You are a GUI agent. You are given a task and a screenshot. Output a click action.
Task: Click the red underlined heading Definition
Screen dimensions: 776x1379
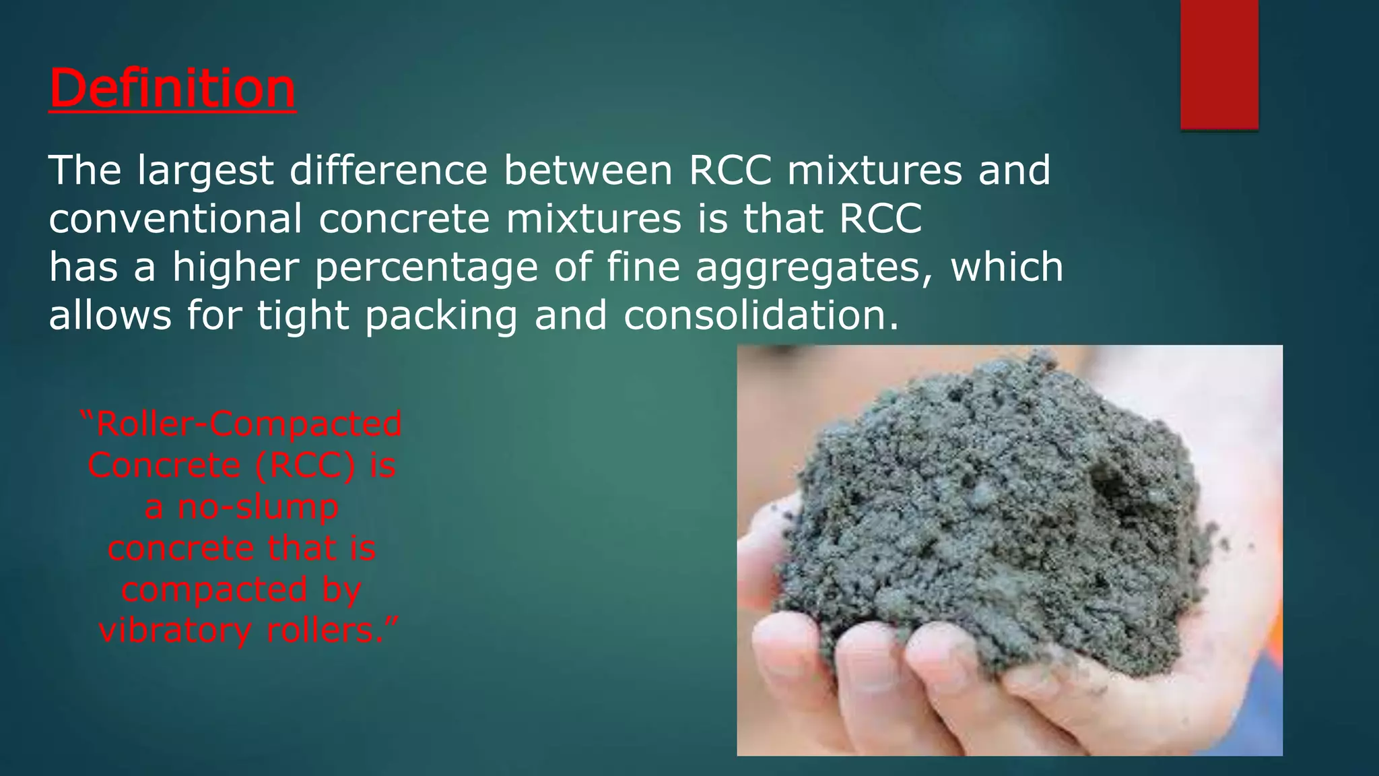pos(172,88)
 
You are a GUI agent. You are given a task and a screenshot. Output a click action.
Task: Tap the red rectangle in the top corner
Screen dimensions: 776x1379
pos(1219,64)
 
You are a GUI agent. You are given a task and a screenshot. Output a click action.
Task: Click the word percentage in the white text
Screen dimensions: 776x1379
pos(426,267)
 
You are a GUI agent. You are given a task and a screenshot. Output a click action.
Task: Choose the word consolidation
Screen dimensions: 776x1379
pos(761,315)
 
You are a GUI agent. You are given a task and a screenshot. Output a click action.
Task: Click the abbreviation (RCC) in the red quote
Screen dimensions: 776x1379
pos(305,465)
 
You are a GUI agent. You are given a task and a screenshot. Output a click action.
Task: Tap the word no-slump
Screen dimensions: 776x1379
pos(258,507)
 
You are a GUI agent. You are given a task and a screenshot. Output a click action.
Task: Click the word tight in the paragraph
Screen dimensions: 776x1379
pos(303,316)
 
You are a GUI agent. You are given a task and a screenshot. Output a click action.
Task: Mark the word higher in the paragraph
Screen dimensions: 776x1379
pos(235,267)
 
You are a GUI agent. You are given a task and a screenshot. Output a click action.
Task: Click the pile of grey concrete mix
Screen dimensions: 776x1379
pos(976,539)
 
